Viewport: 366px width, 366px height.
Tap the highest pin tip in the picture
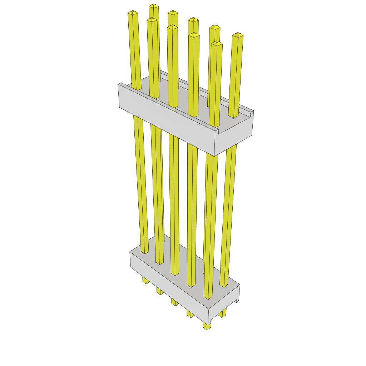coord(154,6)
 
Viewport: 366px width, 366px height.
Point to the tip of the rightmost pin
coord(238,35)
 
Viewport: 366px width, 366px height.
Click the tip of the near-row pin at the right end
coord(217,44)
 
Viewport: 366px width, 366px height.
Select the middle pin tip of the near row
coord(172,27)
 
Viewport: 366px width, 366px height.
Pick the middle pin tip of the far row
coord(193,19)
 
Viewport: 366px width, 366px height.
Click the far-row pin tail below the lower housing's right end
coord(222,314)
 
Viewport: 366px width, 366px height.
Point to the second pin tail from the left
coord(159,291)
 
